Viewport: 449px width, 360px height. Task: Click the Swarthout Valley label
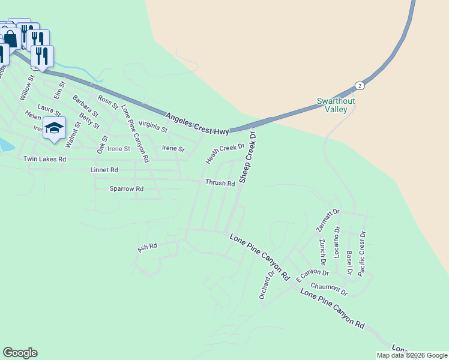(336, 105)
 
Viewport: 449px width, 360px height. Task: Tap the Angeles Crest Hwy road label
(196, 122)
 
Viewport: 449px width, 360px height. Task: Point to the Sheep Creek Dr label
(247, 157)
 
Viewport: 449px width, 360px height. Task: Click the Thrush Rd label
(220, 183)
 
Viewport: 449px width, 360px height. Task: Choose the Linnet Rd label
(104, 170)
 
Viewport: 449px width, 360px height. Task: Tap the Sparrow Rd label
(126, 188)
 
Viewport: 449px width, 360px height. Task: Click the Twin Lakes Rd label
(44, 159)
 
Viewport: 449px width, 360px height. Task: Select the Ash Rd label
(147, 247)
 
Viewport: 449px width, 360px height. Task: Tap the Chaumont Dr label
(329, 290)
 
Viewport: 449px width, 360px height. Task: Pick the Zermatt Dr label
(328, 221)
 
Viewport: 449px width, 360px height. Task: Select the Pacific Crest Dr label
(361, 253)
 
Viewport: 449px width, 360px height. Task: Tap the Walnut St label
(73, 134)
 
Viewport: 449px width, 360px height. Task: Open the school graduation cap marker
(54, 128)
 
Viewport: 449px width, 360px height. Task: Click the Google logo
(20, 353)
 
